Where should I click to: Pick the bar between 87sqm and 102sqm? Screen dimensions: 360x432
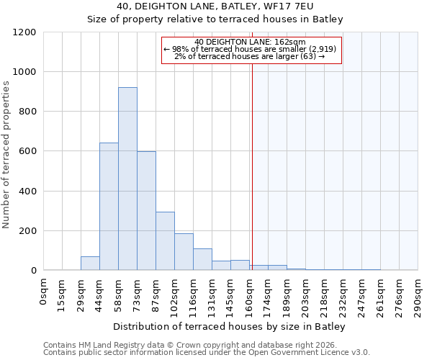(165, 241)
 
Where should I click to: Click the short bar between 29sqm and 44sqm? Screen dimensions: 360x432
(90, 264)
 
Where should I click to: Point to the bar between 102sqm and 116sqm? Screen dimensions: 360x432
(184, 252)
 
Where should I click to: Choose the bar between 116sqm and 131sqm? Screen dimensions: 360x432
(202, 259)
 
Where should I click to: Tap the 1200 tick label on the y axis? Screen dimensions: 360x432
(25, 32)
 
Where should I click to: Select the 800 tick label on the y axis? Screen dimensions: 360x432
(28, 112)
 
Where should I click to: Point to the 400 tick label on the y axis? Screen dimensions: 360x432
(28, 192)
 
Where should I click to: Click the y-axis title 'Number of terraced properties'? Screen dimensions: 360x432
(6, 155)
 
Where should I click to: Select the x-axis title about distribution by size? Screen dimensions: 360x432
(230, 327)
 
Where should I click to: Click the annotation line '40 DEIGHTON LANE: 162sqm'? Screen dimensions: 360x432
(251, 42)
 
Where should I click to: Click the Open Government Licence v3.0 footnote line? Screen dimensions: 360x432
(207, 353)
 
